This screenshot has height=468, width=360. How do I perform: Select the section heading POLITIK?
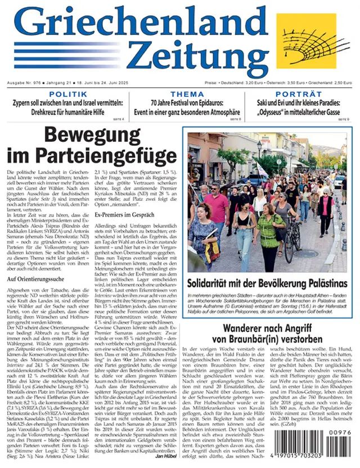point(68,94)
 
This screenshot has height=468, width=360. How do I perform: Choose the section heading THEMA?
point(187,94)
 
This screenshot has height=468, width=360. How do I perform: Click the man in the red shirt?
point(217,205)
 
